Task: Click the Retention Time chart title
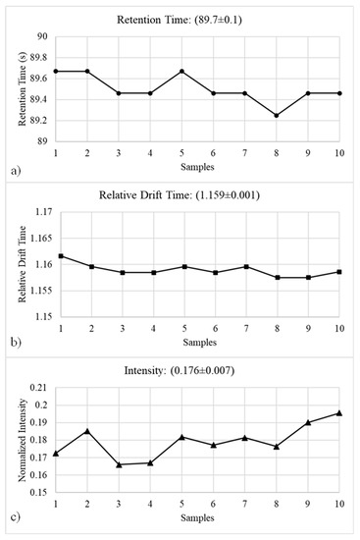[x=180, y=20]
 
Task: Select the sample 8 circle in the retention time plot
[x=277, y=116]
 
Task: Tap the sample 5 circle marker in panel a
[x=181, y=72]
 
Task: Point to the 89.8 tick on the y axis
[x=39, y=58]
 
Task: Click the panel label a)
[x=16, y=171]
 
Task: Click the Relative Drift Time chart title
[x=180, y=195]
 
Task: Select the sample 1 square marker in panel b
[x=61, y=256]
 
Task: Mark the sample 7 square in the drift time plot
[x=246, y=266]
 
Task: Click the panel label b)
[x=16, y=343]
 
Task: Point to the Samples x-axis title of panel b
[x=199, y=343]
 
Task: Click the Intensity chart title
[x=180, y=370]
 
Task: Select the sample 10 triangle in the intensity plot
[x=339, y=413]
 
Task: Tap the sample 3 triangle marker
[x=119, y=464]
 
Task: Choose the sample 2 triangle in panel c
[x=87, y=431]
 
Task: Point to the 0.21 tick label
[x=39, y=388]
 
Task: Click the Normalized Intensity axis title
[x=22, y=441]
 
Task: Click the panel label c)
[x=16, y=517]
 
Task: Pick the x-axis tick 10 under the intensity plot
[x=339, y=504]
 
